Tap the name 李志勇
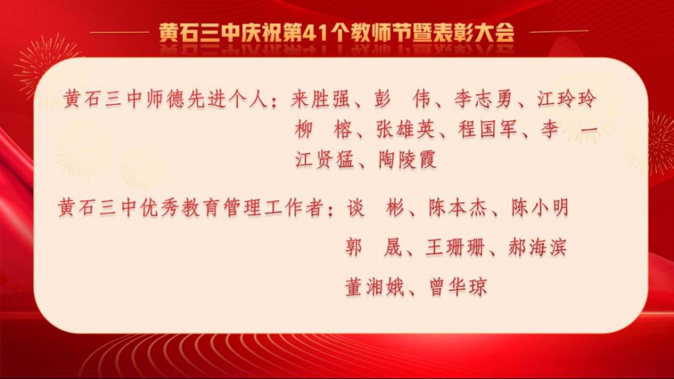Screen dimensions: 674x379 click(483, 99)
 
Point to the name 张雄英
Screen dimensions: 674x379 click(405, 129)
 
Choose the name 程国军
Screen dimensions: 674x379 click(486, 129)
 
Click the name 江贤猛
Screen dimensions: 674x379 click(324, 159)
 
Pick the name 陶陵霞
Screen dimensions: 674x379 click(407, 159)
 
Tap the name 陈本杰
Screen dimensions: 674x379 click(457, 207)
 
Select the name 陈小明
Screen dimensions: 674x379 click(540, 207)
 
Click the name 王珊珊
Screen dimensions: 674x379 click(455, 247)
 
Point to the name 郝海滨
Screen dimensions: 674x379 click(537, 247)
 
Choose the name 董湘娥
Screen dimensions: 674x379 click(374, 287)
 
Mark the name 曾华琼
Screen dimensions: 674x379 click(458, 287)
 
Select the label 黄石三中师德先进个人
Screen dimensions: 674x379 click(165, 99)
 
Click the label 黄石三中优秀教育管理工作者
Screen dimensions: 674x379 click(190, 207)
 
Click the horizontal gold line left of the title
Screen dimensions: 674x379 click(120, 32)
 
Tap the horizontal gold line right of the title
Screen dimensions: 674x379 click(559, 32)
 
